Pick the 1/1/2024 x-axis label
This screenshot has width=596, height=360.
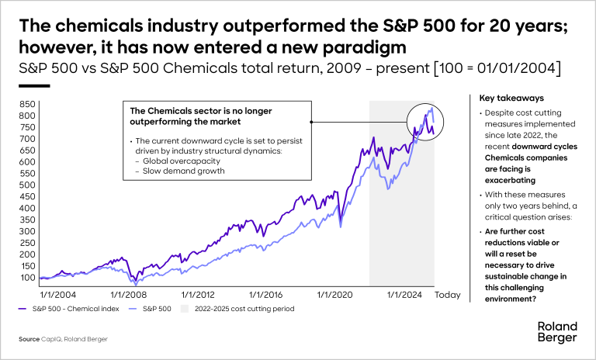[x=411, y=295]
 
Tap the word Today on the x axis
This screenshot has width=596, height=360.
[x=447, y=295]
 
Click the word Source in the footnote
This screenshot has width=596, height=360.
[x=30, y=340]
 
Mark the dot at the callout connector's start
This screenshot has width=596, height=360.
[x=310, y=122]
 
